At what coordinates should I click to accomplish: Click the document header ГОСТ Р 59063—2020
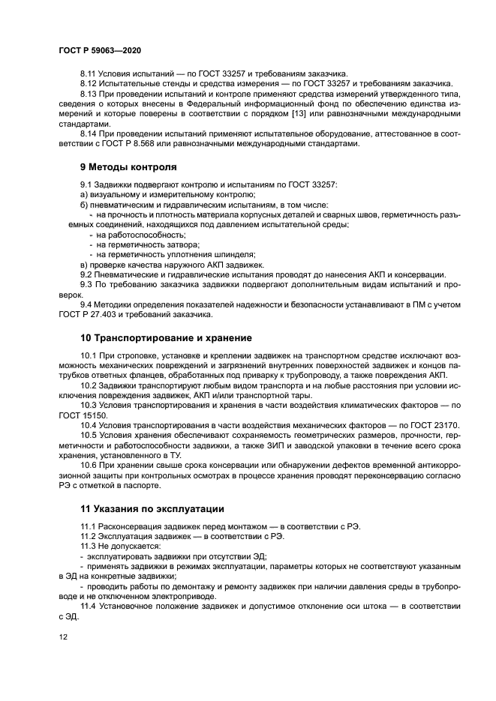(99, 49)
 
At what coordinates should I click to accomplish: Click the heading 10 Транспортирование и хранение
(166, 337)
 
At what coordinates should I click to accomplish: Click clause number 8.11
(89, 73)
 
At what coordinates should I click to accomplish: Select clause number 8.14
(89, 133)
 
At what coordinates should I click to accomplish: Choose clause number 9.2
(87, 274)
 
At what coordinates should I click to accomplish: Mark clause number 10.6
(89, 465)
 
